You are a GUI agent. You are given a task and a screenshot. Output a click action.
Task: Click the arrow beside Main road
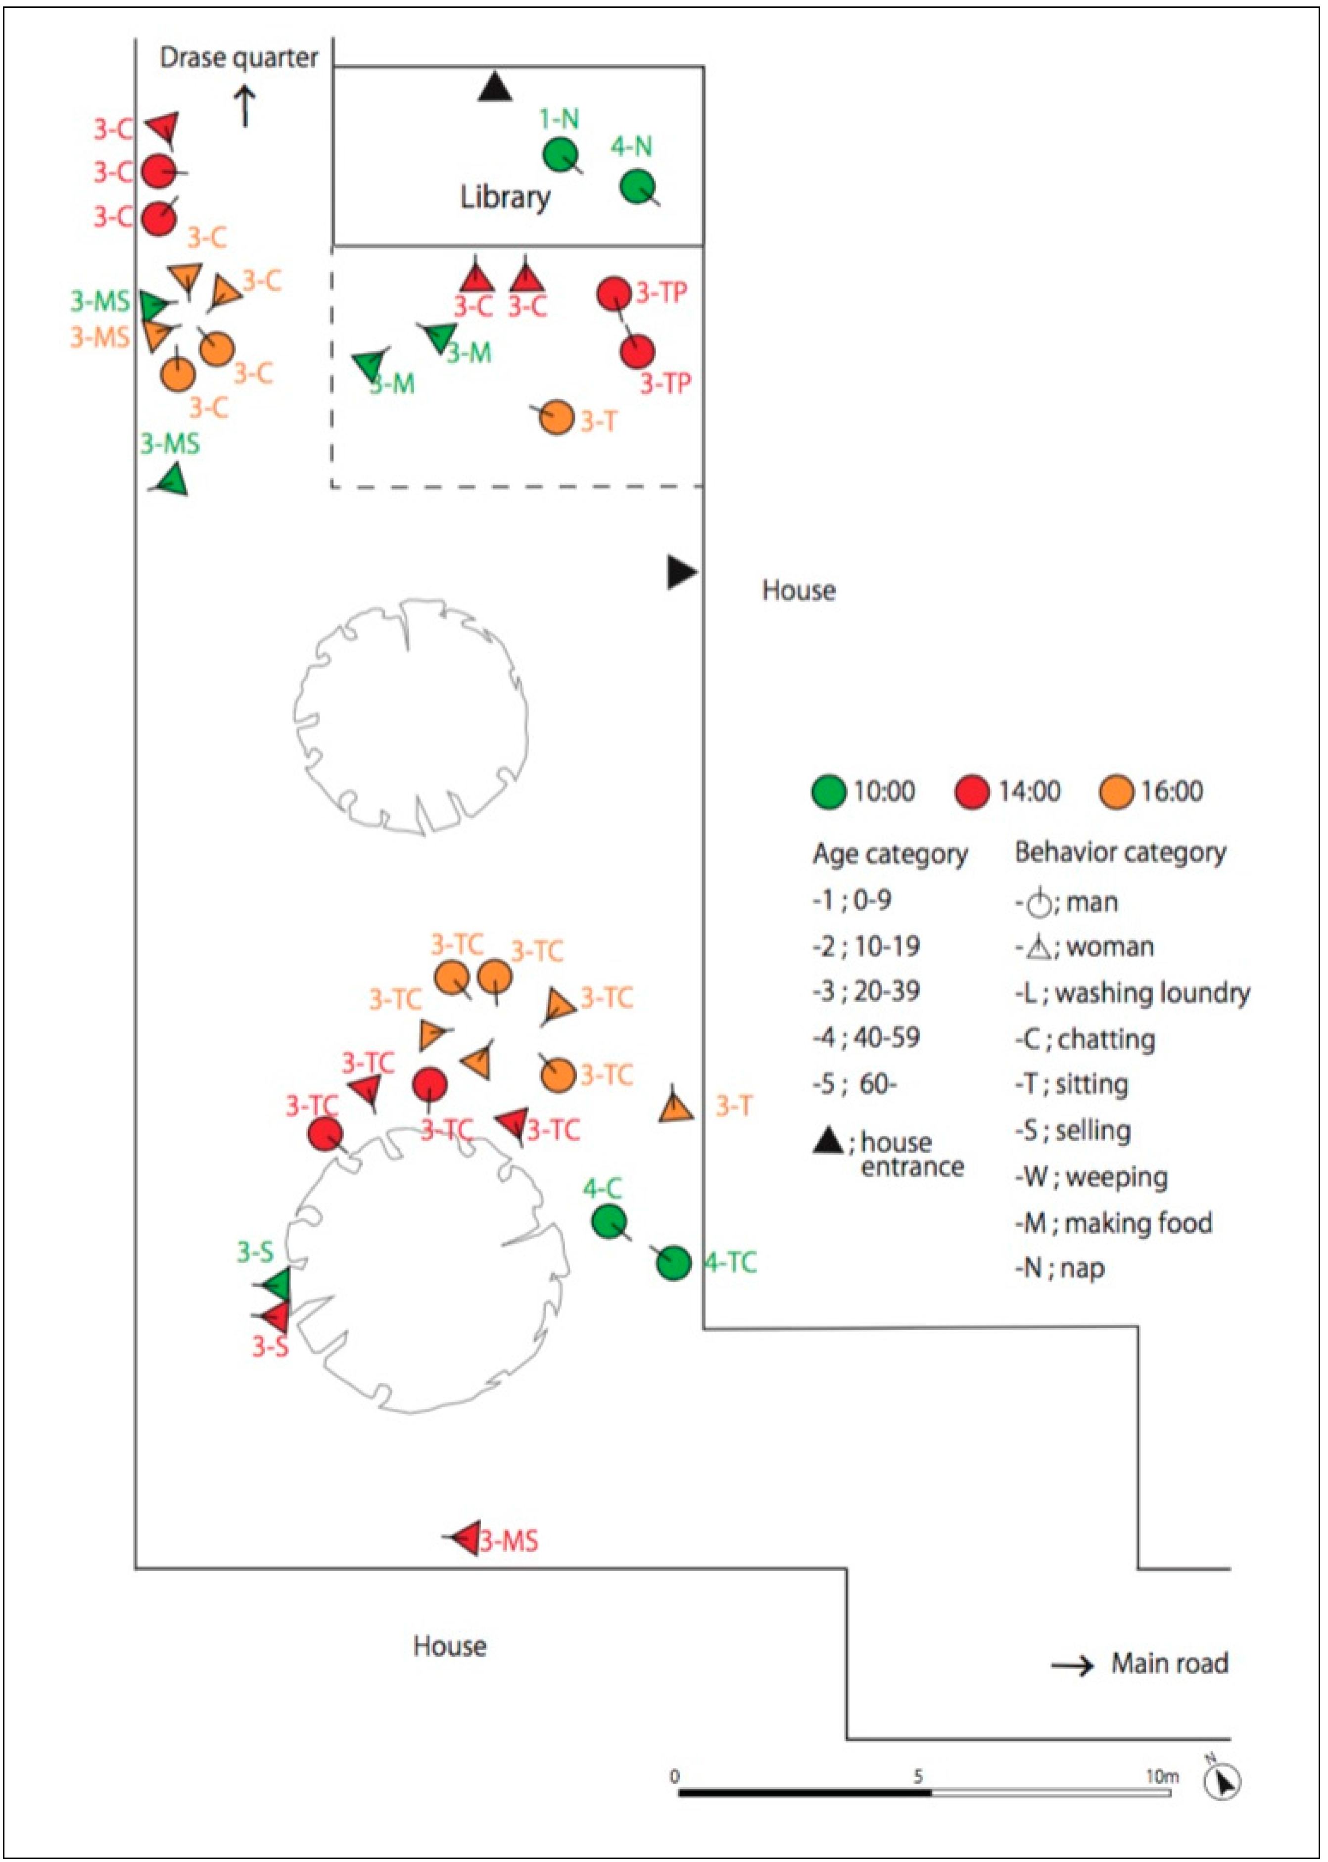coord(1072,1665)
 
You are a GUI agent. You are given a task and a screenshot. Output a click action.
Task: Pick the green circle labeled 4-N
coord(637,186)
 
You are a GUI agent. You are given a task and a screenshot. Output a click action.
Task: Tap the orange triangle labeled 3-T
coord(675,1109)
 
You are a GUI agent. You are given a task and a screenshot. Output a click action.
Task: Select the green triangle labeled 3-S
coord(277,1284)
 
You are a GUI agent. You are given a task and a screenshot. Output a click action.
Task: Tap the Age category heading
coord(890,854)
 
